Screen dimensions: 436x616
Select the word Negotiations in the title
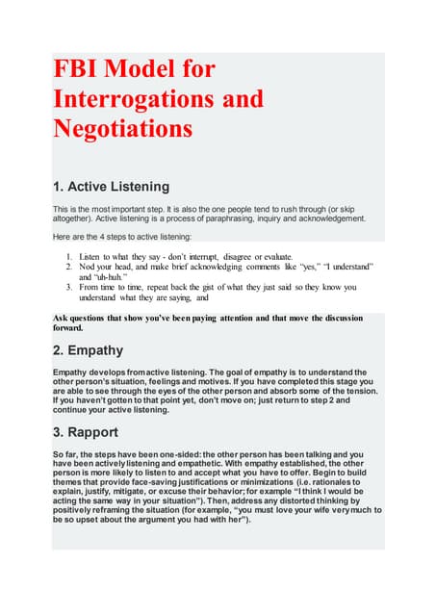click(x=122, y=128)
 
